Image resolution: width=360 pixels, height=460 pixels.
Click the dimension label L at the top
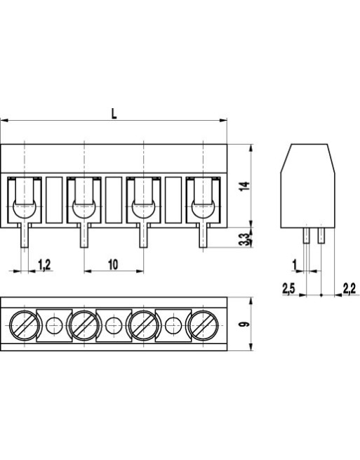coord(114,112)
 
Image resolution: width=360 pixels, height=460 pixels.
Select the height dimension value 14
coord(243,186)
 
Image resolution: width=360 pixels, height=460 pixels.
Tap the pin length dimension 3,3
coord(243,239)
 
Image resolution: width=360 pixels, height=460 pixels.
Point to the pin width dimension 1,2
coord(44,264)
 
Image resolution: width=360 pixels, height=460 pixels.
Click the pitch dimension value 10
coord(113,264)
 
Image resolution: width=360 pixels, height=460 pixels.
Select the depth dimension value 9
coord(243,324)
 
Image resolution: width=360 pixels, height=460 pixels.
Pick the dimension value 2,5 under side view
coord(288,288)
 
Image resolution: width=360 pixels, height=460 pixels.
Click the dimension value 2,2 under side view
coord(348,288)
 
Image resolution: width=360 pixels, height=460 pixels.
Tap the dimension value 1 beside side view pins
coord(294,264)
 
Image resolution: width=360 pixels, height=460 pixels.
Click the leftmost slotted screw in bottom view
coord(25,324)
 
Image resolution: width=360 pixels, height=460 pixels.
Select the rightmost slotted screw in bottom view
coord(204,324)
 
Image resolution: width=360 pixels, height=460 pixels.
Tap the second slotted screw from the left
coord(84,324)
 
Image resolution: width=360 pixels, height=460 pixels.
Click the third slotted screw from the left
coord(144,324)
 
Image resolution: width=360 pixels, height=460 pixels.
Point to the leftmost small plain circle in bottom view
coord(54,325)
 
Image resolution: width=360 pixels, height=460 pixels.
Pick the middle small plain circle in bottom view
coord(114,325)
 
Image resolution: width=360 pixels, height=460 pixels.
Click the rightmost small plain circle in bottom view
coord(173,325)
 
